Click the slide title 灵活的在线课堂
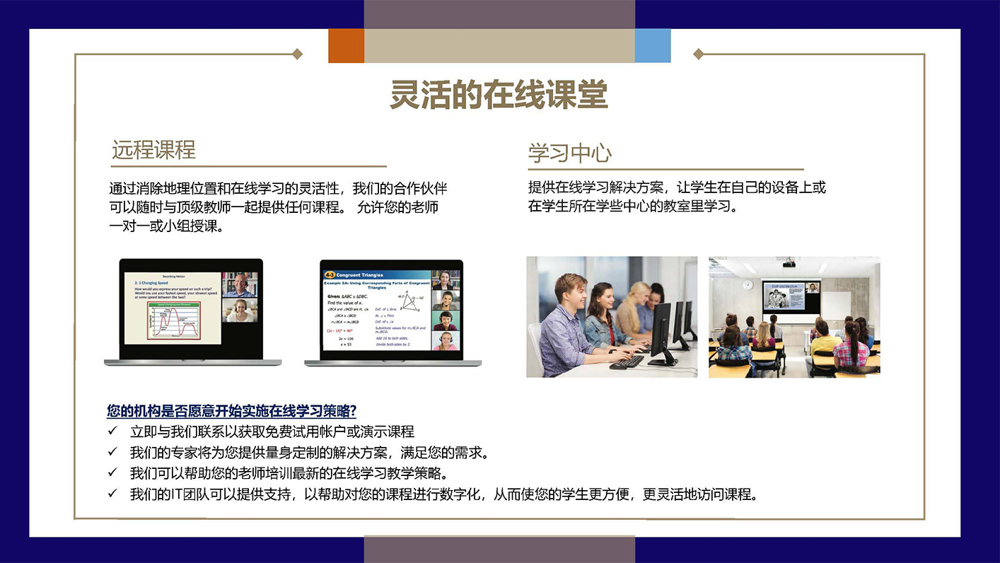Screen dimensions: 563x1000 [499, 95]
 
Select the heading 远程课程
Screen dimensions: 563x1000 [153, 150]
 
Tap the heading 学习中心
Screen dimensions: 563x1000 [569, 153]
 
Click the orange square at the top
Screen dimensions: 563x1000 [346, 45]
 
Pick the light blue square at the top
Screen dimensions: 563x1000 [652, 45]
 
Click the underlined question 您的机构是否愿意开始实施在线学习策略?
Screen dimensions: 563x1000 [231, 411]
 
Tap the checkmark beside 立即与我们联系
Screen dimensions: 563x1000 [112, 431]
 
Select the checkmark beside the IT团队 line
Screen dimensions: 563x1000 [112, 494]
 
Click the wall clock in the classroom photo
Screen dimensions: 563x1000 [748, 284]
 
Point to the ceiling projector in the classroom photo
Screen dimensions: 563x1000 [789, 264]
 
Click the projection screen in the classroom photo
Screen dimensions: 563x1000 [791, 297]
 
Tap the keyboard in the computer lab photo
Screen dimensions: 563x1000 [627, 361]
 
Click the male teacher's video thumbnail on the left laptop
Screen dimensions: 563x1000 [238, 284]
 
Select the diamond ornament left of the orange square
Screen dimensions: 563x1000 [298, 54]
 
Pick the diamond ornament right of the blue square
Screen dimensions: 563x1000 [698, 54]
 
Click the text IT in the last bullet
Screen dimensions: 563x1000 [178, 494]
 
